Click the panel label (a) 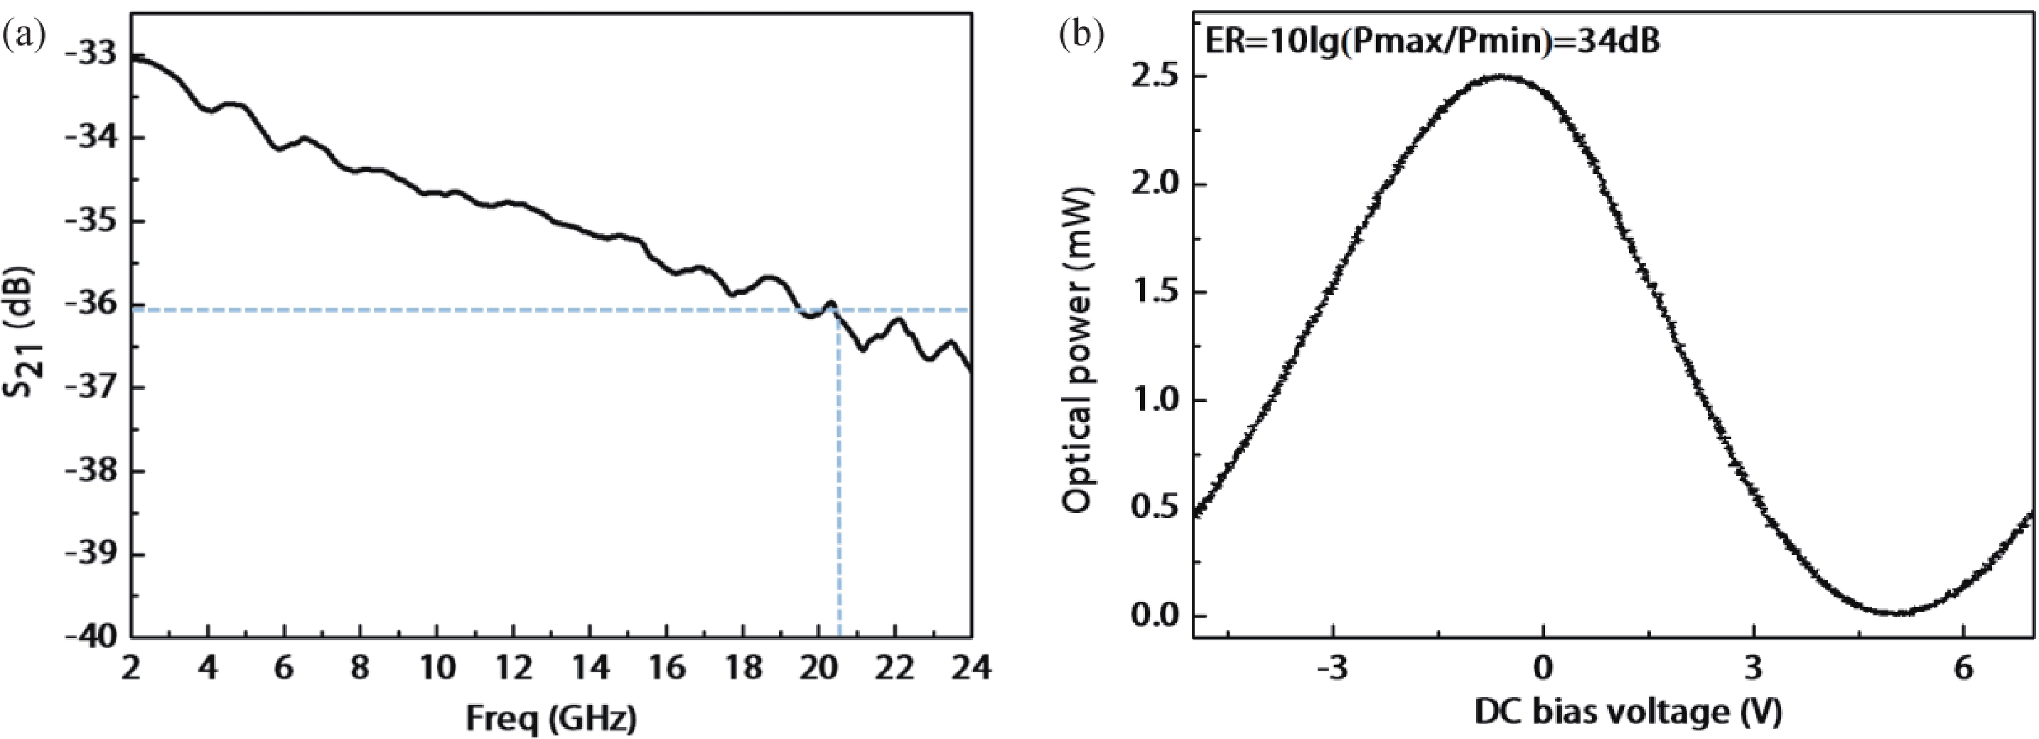coord(23,36)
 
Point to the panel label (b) coord(1081,36)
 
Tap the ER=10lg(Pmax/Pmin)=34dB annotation coord(1431,41)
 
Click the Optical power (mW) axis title coord(1078,350)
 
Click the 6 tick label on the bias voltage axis coord(1963,669)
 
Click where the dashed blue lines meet coord(838,310)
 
